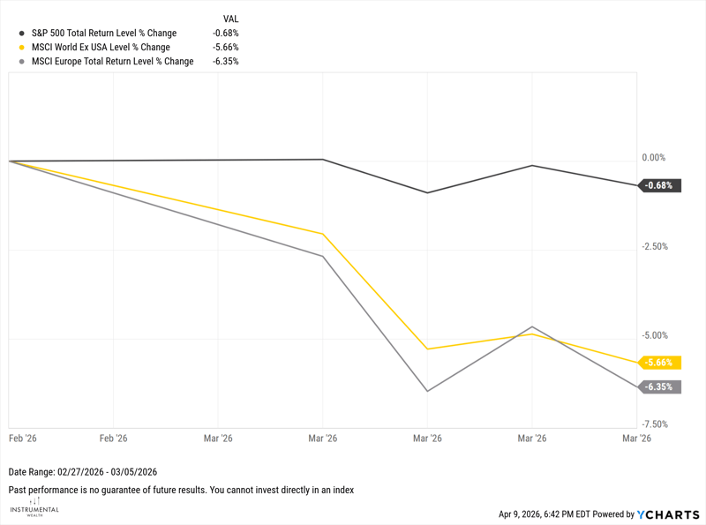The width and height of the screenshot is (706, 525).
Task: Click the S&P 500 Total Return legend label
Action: (103, 34)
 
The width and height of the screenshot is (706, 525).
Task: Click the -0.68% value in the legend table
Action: (225, 34)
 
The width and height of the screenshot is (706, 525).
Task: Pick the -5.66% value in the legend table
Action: (225, 48)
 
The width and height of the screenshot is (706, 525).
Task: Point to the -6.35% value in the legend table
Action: (225, 62)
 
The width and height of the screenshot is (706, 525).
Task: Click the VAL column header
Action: (230, 19)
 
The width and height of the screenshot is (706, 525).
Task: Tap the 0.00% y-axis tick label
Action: (653, 158)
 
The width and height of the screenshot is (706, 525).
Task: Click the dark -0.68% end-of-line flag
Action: (659, 185)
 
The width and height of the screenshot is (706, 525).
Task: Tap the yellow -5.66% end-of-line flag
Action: (659, 363)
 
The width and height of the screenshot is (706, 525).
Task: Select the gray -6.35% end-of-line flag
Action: (659, 386)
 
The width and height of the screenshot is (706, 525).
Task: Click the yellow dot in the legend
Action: (21, 48)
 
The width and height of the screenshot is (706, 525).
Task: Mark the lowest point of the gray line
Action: (427, 391)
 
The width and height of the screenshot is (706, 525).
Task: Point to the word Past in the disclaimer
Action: (18, 490)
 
